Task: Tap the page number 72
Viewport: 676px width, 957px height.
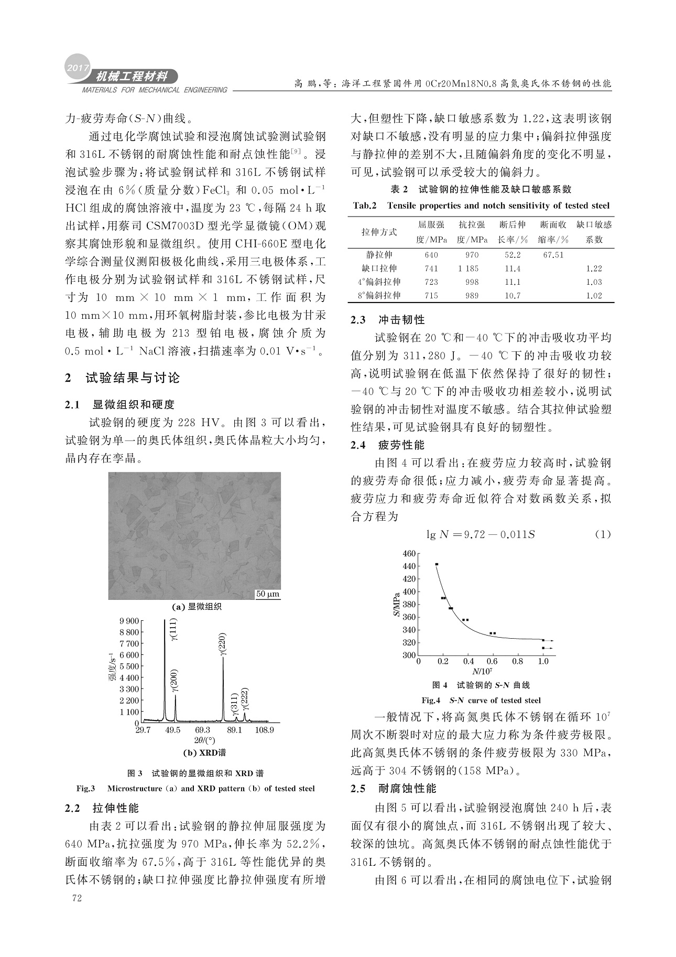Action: [x=77, y=898]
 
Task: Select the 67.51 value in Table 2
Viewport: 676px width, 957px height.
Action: [x=552, y=255]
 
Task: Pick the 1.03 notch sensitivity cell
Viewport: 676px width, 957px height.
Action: [x=594, y=282]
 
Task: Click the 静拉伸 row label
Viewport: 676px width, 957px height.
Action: [x=379, y=255]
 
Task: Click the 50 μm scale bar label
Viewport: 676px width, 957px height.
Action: [x=268, y=594]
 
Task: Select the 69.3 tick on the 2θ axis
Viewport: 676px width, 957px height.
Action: [x=203, y=730]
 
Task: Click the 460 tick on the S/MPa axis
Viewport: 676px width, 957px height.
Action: [x=409, y=553]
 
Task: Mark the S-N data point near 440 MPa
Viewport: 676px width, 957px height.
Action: [x=437, y=564]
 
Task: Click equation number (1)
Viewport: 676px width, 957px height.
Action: [x=603, y=534]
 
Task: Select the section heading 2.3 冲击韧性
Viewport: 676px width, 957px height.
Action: [x=387, y=319]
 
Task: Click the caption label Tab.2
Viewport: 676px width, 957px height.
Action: [x=365, y=206]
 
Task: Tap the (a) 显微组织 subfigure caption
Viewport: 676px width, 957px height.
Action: [x=197, y=607]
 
